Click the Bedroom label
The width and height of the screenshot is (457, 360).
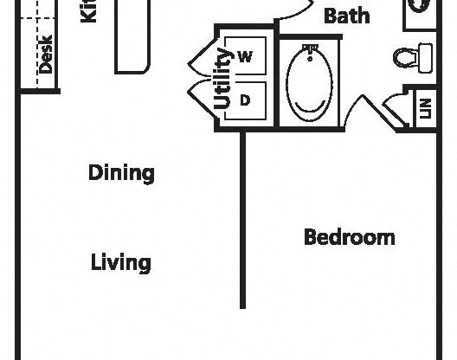pyautogui.click(x=350, y=237)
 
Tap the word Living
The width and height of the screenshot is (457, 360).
pyautogui.click(x=121, y=262)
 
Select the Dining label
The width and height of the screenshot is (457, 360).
pyautogui.click(x=121, y=172)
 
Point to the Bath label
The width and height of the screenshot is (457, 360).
pyautogui.click(x=347, y=16)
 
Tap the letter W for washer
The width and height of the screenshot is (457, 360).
pyautogui.click(x=245, y=57)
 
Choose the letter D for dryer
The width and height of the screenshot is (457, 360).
pyautogui.click(x=245, y=100)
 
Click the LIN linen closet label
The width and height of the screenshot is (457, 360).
pyautogui.click(x=425, y=109)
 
